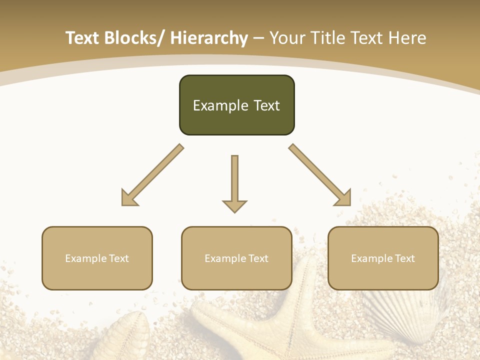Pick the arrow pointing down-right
point(320,175)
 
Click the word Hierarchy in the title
point(209,38)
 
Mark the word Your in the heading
point(287,38)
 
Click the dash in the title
point(258,38)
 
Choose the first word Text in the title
point(82,38)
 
